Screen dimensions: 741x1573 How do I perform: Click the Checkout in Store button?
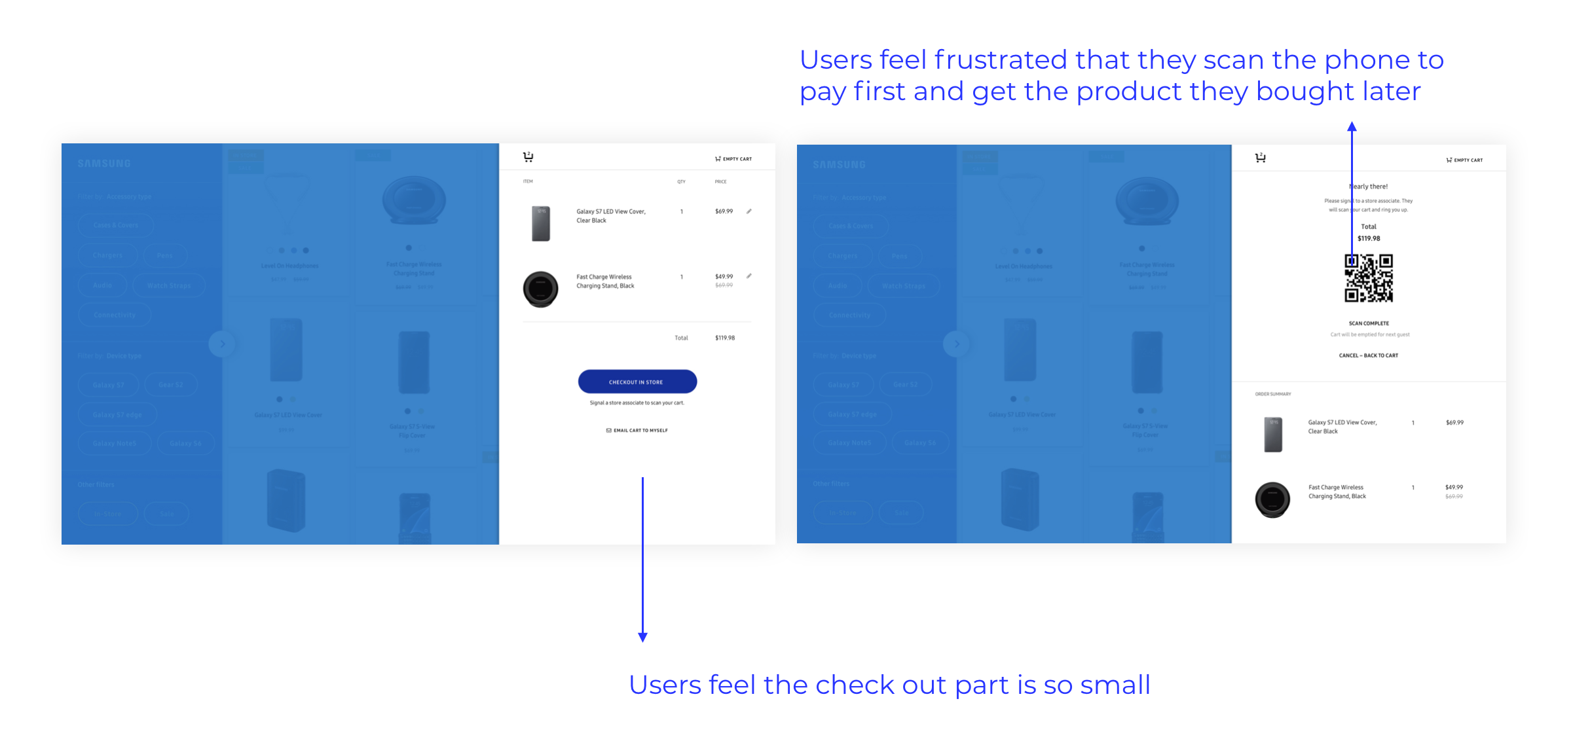(637, 382)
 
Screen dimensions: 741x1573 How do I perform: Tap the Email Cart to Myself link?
(637, 430)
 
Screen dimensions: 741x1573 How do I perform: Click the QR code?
(1368, 278)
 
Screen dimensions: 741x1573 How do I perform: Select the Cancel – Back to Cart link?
(1368, 355)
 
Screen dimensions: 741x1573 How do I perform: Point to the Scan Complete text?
(1368, 323)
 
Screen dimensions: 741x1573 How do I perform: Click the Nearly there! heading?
(1369, 187)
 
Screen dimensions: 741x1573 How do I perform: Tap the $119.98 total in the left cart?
(724, 338)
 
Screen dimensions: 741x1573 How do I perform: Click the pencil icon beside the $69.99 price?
(749, 211)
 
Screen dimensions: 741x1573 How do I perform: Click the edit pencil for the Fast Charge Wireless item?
(749, 276)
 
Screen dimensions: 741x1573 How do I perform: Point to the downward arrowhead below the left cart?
(642, 637)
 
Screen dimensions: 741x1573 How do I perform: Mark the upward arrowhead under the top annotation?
(1352, 127)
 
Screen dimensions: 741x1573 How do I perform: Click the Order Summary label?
(1272, 394)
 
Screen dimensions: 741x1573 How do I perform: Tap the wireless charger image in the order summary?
(1272, 499)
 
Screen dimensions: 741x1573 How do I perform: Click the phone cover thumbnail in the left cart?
(540, 223)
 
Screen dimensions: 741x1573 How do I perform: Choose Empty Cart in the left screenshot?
(733, 159)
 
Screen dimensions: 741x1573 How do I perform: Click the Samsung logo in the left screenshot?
(104, 164)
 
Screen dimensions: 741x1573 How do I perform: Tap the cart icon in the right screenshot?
(1260, 158)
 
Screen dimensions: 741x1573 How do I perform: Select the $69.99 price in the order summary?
(1454, 423)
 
